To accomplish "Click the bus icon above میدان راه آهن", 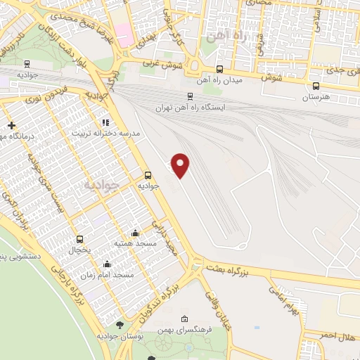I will click(x=220, y=69).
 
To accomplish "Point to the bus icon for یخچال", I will click(x=79, y=238).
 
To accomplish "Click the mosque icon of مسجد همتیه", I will click(x=135, y=232).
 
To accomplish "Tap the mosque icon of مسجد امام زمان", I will click(x=107, y=264).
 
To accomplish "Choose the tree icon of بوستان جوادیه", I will click(x=119, y=324).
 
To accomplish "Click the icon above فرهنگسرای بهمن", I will click(x=184, y=319).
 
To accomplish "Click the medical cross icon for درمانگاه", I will click(x=11, y=125).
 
